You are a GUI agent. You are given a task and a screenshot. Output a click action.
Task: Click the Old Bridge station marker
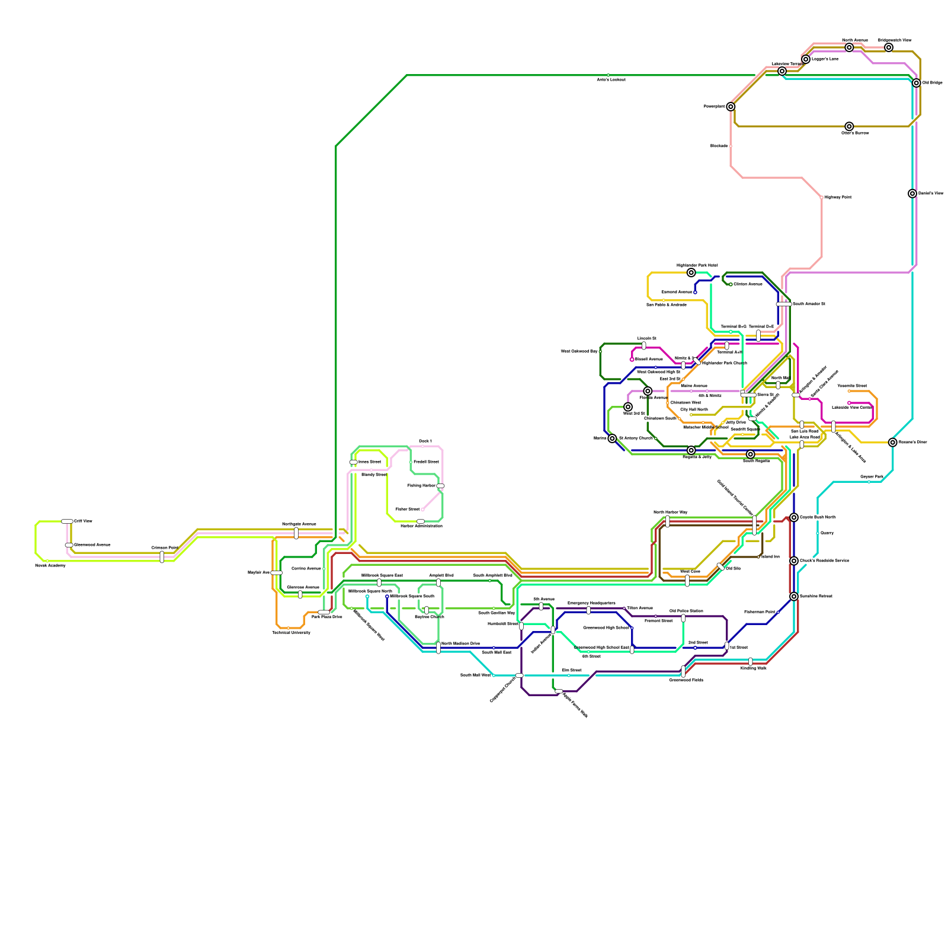(916, 83)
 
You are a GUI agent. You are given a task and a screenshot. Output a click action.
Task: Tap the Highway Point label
(838, 197)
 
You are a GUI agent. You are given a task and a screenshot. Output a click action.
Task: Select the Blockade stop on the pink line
(731, 146)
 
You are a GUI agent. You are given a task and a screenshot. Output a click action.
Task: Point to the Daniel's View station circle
(912, 194)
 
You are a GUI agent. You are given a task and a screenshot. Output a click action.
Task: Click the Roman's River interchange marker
(893, 443)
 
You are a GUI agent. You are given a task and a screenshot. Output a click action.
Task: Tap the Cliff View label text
(83, 521)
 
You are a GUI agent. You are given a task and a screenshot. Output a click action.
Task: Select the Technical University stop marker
(289, 628)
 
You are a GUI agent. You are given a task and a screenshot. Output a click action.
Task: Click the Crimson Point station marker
(162, 557)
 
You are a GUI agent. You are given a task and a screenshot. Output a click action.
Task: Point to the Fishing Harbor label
(421, 486)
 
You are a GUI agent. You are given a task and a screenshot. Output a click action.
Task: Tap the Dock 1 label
(425, 441)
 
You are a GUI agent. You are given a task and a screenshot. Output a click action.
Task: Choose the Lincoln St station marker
(644, 345)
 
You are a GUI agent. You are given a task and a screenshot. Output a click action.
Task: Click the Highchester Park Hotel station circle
(691, 273)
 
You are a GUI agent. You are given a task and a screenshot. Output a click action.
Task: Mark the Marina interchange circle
(612, 438)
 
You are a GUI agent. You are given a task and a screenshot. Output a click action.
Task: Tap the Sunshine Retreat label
(816, 597)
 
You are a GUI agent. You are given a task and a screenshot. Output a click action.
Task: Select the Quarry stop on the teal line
(818, 533)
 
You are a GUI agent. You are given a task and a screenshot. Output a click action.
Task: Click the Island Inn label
(770, 557)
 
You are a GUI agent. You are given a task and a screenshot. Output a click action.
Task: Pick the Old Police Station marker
(683, 618)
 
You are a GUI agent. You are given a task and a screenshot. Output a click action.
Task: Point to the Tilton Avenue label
(640, 608)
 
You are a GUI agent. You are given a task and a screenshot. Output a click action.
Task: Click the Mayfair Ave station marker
(277, 573)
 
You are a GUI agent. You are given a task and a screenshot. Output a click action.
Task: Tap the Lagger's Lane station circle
(806, 59)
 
